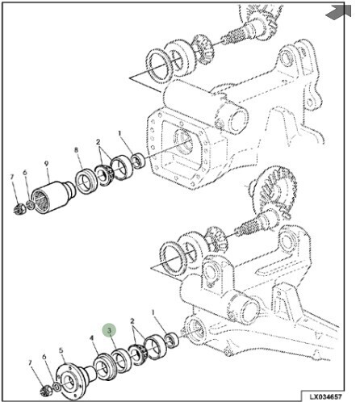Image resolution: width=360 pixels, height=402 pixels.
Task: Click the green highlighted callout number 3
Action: (x=109, y=330)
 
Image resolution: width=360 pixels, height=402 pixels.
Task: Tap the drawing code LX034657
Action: (x=325, y=397)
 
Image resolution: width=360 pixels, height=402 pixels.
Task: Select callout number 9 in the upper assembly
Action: (x=46, y=163)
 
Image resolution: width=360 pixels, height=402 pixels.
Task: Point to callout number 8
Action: (x=77, y=150)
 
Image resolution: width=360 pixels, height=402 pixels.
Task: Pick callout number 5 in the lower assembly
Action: (x=61, y=350)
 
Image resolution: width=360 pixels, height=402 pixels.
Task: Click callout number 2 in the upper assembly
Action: (x=98, y=141)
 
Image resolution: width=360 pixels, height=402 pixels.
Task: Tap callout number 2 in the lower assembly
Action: (x=132, y=321)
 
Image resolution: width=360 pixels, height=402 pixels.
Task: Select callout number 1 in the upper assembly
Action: (x=119, y=133)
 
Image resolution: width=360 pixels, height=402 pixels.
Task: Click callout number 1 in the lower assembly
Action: (x=153, y=312)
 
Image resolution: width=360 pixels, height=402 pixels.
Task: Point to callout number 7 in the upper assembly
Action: (x=11, y=177)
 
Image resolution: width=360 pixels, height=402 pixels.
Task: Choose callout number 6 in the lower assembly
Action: (x=44, y=357)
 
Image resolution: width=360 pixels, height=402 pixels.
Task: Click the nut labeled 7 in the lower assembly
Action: (x=44, y=391)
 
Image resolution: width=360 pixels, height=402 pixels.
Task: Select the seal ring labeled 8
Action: (x=86, y=180)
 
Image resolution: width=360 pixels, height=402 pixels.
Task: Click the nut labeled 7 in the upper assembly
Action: (x=19, y=209)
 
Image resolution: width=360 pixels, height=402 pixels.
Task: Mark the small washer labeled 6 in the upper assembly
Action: (x=31, y=204)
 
